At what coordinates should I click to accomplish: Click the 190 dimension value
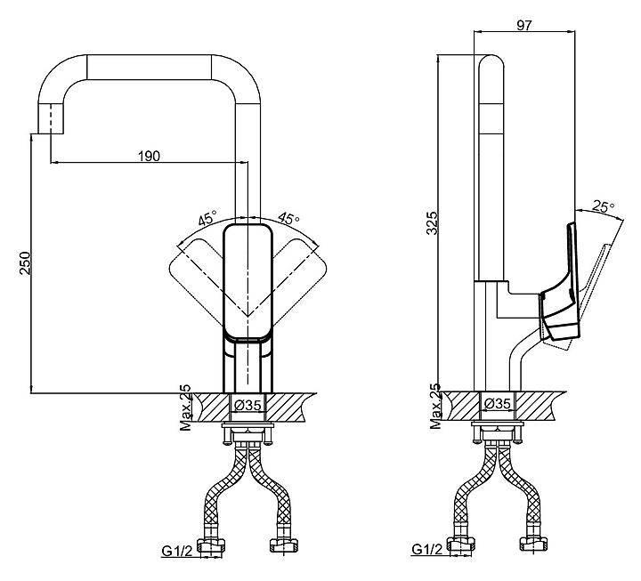(x=149, y=156)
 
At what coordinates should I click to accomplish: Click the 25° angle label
(x=603, y=206)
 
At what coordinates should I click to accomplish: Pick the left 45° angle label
(x=207, y=218)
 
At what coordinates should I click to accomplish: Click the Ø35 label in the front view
(x=247, y=406)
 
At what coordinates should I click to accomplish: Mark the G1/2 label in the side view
(x=428, y=550)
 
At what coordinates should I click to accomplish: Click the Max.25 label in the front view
(x=185, y=408)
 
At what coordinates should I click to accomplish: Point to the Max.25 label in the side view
(x=435, y=408)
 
